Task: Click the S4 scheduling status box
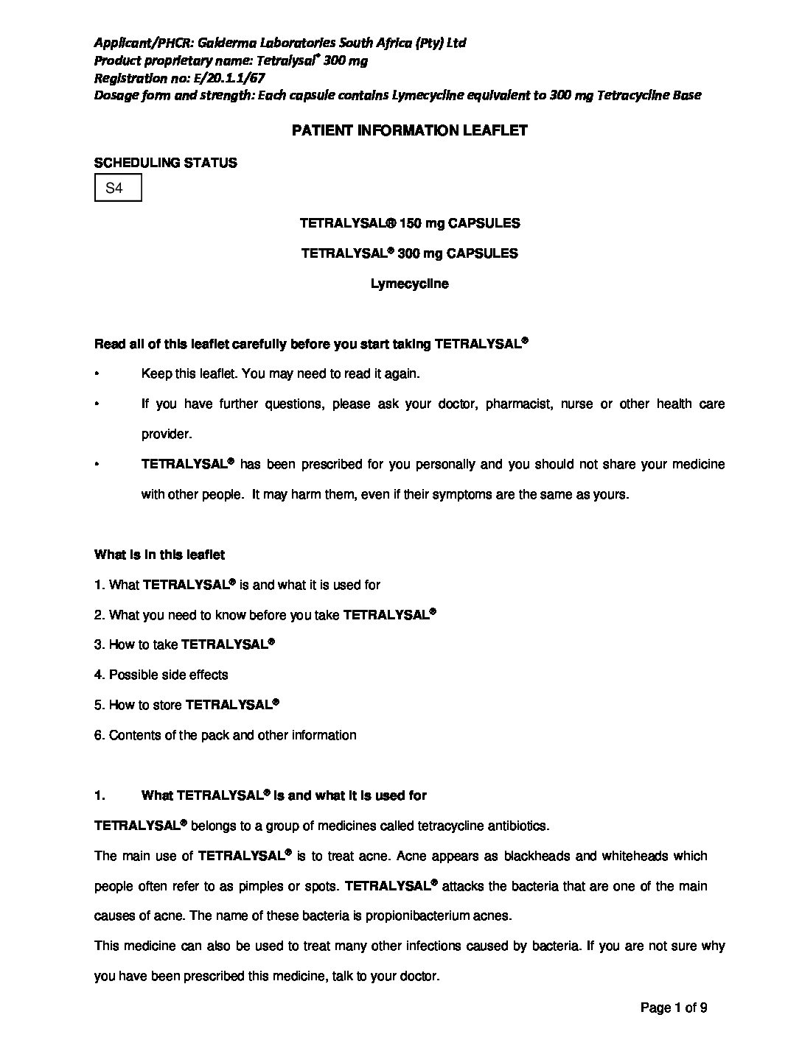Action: point(117,188)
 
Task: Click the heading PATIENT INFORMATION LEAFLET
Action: point(410,131)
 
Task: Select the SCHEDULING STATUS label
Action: point(166,163)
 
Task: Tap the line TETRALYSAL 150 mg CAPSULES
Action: point(410,223)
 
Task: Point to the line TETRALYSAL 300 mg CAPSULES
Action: point(410,253)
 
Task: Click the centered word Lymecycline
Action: point(410,284)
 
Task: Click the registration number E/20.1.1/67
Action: point(229,77)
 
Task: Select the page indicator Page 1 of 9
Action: point(674,1008)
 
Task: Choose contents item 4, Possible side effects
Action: point(161,675)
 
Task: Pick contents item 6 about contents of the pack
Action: point(226,735)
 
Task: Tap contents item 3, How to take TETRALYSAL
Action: point(184,644)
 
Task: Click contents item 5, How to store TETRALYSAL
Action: point(186,705)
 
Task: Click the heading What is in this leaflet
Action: point(160,555)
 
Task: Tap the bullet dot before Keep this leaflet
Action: point(97,374)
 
